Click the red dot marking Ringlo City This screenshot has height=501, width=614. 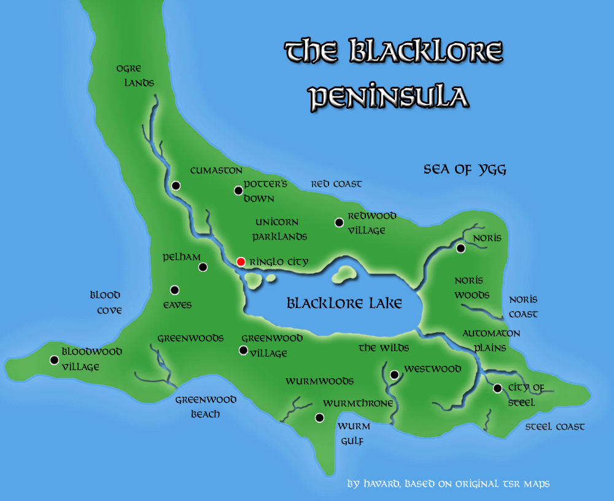pyautogui.click(x=241, y=262)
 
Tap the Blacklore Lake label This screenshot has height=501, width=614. pyautogui.click(x=344, y=303)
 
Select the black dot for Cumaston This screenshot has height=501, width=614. pyautogui.click(x=176, y=185)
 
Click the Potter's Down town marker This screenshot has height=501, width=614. pyautogui.click(x=238, y=191)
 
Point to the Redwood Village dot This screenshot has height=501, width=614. pyautogui.click(x=339, y=223)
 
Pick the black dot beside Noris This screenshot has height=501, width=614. pyautogui.click(x=460, y=248)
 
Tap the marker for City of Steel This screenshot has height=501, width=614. pyautogui.click(x=497, y=388)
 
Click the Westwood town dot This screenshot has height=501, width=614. pyautogui.click(x=394, y=374)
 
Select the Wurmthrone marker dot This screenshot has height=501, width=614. pyautogui.click(x=319, y=418)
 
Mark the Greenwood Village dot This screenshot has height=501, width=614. pyautogui.click(x=243, y=350)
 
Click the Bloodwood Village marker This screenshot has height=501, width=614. pyautogui.click(x=54, y=360)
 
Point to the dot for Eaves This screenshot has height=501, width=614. pyautogui.click(x=174, y=290)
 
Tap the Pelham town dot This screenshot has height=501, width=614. pyautogui.click(x=203, y=267)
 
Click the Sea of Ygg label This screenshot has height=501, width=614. pyautogui.click(x=465, y=170)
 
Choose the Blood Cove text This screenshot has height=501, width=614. pyautogui.click(x=105, y=302)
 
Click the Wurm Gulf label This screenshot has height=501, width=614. pyautogui.click(x=354, y=433)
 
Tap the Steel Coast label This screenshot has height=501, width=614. pyautogui.click(x=554, y=426)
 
